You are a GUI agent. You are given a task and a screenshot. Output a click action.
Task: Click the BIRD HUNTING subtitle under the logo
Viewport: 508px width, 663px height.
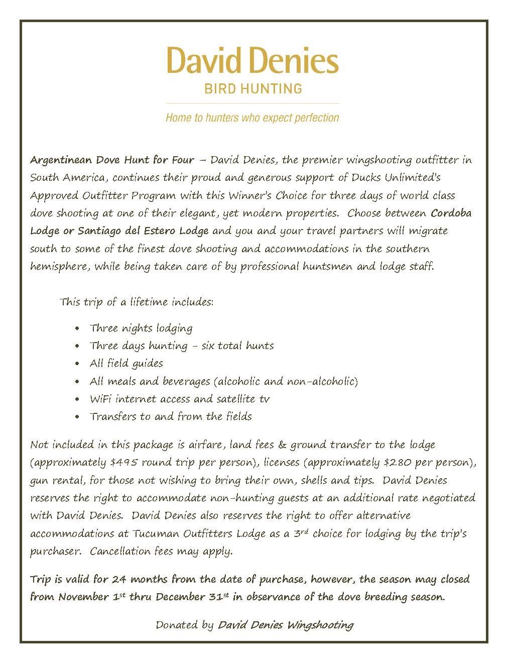(252, 89)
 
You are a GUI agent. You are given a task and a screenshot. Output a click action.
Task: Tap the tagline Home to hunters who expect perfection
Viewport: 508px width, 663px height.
(252, 118)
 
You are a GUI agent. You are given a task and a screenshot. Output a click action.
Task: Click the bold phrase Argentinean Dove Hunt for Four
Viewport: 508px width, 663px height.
(112, 160)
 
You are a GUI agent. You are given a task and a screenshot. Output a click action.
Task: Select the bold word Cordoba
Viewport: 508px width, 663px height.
(451, 213)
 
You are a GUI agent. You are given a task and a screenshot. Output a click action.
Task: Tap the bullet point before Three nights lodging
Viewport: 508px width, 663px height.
(77, 329)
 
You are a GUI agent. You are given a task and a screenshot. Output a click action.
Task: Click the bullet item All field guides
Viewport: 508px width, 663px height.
(126, 364)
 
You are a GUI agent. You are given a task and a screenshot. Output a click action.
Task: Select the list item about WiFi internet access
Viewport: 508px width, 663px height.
(180, 399)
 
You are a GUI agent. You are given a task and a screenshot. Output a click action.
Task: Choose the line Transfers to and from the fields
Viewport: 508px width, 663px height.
(171, 417)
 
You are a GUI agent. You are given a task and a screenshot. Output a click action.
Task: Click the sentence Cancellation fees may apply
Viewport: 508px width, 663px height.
(161, 551)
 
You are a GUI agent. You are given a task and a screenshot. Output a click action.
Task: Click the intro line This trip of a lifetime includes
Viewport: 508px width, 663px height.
(137, 303)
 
